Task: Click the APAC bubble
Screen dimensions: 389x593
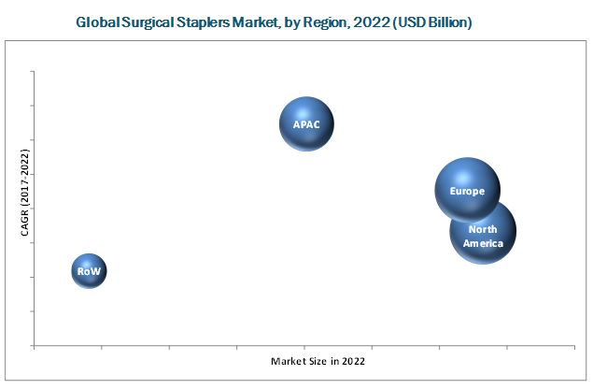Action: pos(306,124)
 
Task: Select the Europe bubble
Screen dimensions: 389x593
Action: pos(467,190)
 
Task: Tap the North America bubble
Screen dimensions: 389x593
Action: pos(483,233)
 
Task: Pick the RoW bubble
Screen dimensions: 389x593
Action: pos(89,271)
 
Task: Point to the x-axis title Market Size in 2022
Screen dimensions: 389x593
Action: pos(318,360)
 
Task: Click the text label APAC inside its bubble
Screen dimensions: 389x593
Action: pos(306,124)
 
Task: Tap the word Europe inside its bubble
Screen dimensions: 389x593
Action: pos(467,192)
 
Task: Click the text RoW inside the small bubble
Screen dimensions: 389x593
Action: pos(89,271)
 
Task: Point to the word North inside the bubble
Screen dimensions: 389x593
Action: pos(483,229)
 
